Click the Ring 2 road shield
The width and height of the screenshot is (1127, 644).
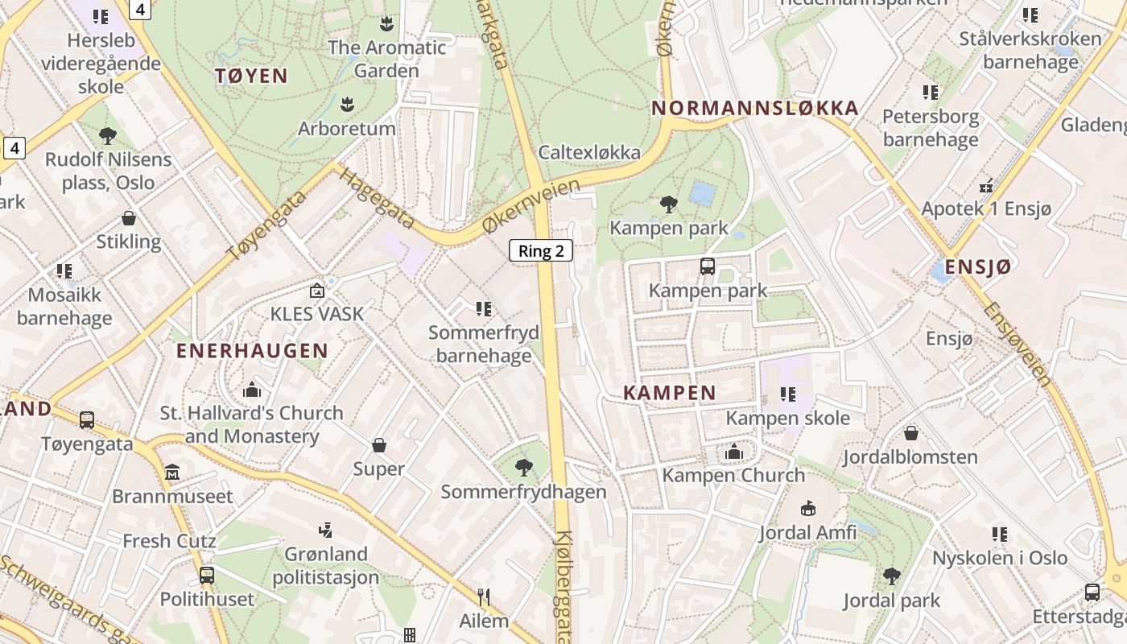[541, 250]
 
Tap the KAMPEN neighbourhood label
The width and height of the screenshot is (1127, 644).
[670, 393]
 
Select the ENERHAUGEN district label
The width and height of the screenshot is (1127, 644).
[252, 351]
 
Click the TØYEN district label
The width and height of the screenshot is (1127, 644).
[251, 76]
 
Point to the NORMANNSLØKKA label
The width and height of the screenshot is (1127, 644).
[755, 108]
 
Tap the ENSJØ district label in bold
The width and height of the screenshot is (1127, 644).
[977, 267]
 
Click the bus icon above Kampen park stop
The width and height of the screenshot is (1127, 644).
[708, 266]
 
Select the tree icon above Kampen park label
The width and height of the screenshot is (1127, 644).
[668, 204]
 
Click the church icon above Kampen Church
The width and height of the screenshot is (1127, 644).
[733, 452]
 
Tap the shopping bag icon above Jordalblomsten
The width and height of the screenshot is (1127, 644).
[911, 433]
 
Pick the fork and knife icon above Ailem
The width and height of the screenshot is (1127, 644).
[484, 597]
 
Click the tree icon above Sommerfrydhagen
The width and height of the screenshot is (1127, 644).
[523, 467]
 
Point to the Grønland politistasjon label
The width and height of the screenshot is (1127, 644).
[325, 565]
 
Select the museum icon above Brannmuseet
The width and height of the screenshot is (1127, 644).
[172, 473]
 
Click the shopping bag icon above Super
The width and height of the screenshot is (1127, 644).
[379, 445]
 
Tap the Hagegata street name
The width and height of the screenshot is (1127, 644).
[377, 197]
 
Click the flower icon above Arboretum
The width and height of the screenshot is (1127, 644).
[347, 104]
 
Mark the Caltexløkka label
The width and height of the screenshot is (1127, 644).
[590, 152]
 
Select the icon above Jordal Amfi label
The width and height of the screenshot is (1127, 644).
[808, 508]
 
